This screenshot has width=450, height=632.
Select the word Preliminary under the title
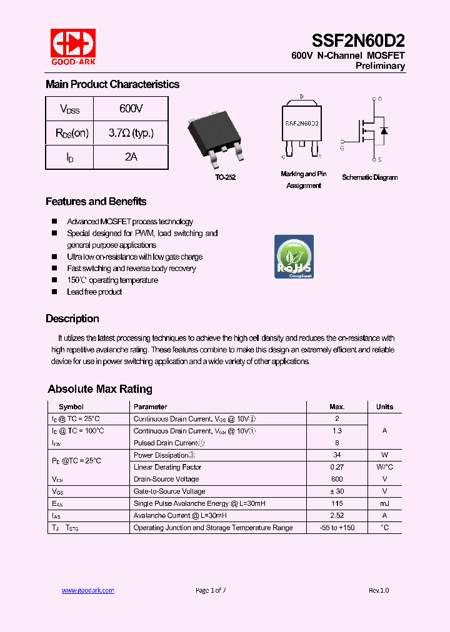pos(380,66)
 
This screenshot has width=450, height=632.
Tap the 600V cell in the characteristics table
pos(131,109)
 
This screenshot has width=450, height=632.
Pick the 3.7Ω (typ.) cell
pos(131,133)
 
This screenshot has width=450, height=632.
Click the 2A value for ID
pos(131,157)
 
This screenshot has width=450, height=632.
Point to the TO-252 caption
pos(225,178)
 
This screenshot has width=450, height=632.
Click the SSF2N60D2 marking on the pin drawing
pos(302,124)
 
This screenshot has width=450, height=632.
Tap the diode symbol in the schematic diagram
pos(384,131)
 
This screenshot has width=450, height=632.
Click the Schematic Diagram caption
pos(369,177)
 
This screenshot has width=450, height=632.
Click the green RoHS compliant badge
pos(294,257)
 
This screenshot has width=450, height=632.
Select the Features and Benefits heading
pos(96,202)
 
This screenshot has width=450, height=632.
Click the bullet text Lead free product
pos(94,292)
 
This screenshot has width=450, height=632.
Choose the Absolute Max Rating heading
pos(100,389)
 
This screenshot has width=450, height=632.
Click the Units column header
pos(384,407)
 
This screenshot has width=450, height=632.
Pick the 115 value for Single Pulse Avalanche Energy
pos(336,503)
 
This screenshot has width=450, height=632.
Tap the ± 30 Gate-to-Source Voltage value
pos(336,491)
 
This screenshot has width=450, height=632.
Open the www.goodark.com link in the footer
pos(87,590)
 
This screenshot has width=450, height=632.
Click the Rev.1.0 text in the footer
pos(378,590)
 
